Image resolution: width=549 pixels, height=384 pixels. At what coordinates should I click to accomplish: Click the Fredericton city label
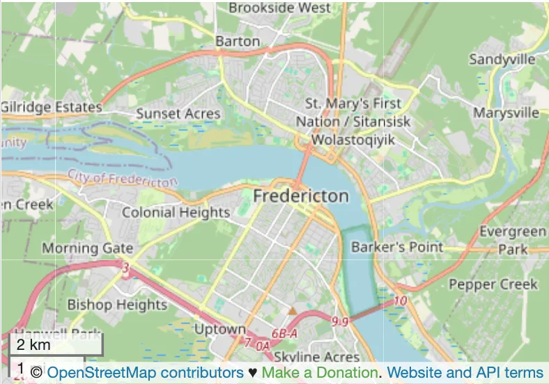(300, 196)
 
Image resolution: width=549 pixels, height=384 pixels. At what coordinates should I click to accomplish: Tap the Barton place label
(238, 41)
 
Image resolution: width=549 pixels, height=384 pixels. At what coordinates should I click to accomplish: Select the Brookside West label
(280, 8)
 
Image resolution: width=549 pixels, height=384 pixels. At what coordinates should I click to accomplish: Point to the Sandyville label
(506, 59)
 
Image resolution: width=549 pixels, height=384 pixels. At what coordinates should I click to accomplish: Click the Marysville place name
(507, 113)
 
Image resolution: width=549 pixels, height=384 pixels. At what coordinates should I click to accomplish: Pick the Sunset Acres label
(178, 113)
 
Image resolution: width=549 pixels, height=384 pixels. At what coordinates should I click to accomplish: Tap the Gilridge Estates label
(52, 107)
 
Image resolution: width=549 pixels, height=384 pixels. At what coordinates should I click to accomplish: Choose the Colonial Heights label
(176, 212)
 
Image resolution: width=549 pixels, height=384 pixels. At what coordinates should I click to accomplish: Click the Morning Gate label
(87, 248)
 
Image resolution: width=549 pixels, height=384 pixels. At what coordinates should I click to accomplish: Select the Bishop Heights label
(117, 305)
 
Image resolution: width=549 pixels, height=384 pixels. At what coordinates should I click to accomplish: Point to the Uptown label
(219, 329)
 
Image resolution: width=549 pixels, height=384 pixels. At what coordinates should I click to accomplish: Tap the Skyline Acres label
(307, 358)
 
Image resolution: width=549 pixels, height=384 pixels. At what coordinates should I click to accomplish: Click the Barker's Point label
(397, 246)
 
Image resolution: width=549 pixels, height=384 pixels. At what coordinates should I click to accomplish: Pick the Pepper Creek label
(493, 284)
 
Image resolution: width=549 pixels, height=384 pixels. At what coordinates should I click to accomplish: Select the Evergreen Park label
(513, 240)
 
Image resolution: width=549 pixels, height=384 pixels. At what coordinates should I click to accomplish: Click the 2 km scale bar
(56, 345)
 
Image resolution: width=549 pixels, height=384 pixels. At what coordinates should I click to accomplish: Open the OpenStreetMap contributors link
(145, 373)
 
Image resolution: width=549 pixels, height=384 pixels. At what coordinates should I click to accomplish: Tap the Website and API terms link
(465, 373)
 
